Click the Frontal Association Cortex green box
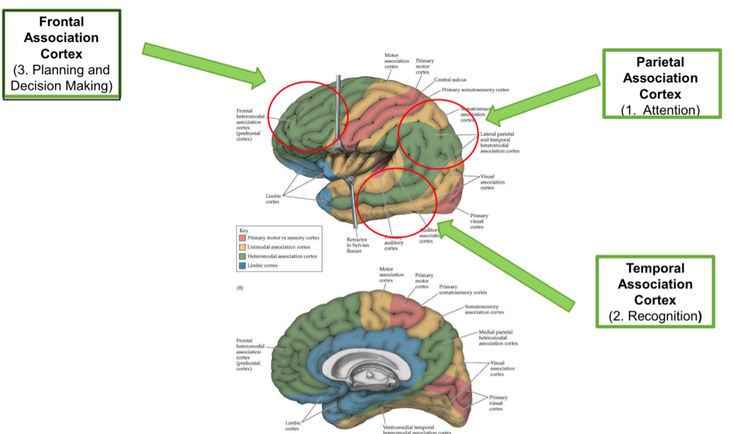[x=61, y=54]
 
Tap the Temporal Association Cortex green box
[x=654, y=291]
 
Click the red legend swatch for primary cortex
[x=243, y=238]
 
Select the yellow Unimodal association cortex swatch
[x=243, y=247]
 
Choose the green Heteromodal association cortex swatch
[x=243, y=256]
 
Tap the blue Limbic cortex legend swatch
[x=243, y=265]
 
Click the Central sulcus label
[x=450, y=80]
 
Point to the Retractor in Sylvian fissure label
[x=358, y=245]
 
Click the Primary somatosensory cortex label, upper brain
[x=476, y=90]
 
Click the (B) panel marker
[x=240, y=287]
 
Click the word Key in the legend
[x=243, y=230]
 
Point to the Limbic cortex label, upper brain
[x=273, y=198]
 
